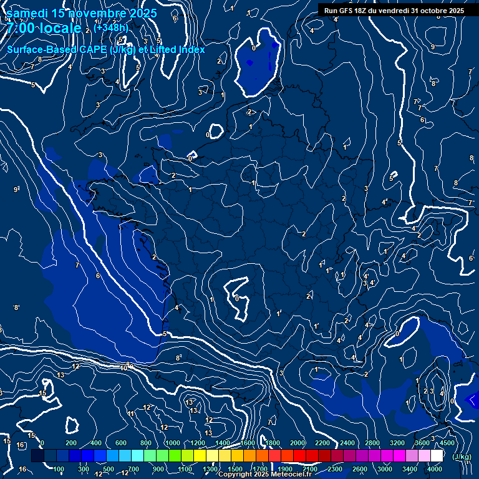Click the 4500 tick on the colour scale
pyautogui.click(x=447, y=443)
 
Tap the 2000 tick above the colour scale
pyautogui.click(x=298, y=443)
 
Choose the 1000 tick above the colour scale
pyautogui.click(x=173, y=443)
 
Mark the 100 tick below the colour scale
pyautogui.click(x=59, y=469)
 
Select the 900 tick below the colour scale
pyautogui.click(x=158, y=469)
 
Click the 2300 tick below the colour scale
pyautogui.click(x=335, y=469)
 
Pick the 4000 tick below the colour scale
pyautogui.click(x=435, y=469)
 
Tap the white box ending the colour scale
pyautogui.click(x=437, y=456)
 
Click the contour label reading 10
pyautogui.click(x=124, y=368)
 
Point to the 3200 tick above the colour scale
pyautogui.click(x=397, y=443)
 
